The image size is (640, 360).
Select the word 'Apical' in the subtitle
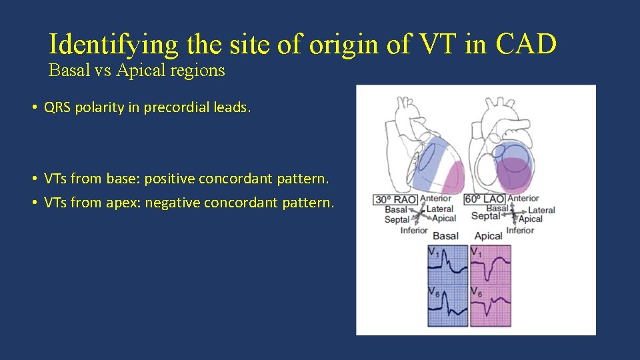pos(137,71)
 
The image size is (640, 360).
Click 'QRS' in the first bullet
pos(58,107)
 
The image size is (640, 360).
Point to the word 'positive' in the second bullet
pos(170,179)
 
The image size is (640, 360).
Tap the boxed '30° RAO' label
pos(395,199)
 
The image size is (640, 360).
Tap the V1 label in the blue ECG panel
pos(434,252)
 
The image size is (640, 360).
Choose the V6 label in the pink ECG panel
pos(476,291)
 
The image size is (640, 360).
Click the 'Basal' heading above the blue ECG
pos(445,236)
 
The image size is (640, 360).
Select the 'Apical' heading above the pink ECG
pos(488,236)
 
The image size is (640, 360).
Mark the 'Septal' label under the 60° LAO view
pos(485,216)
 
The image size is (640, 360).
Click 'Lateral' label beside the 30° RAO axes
pos(439,209)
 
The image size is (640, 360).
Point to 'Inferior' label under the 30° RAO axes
pos(414,231)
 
